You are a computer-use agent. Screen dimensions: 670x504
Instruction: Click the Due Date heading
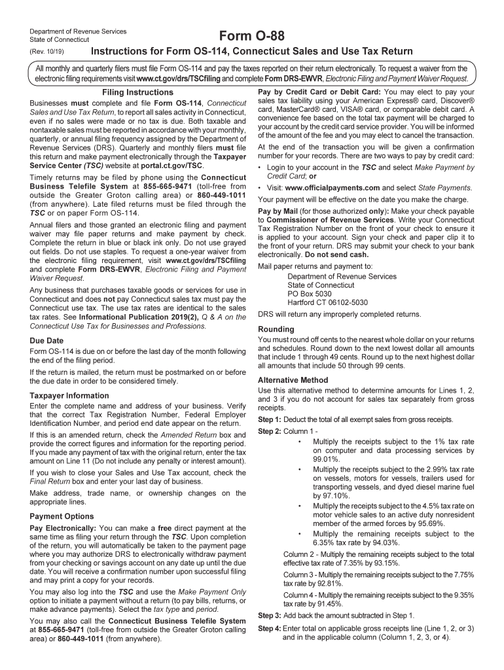point(47,340)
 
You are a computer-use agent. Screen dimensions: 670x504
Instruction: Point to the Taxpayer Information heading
point(69,395)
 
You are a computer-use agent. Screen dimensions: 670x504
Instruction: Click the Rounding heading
point(276,329)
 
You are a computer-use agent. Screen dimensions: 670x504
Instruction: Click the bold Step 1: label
point(269,419)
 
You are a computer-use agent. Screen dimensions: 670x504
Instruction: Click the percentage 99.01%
point(327,459)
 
